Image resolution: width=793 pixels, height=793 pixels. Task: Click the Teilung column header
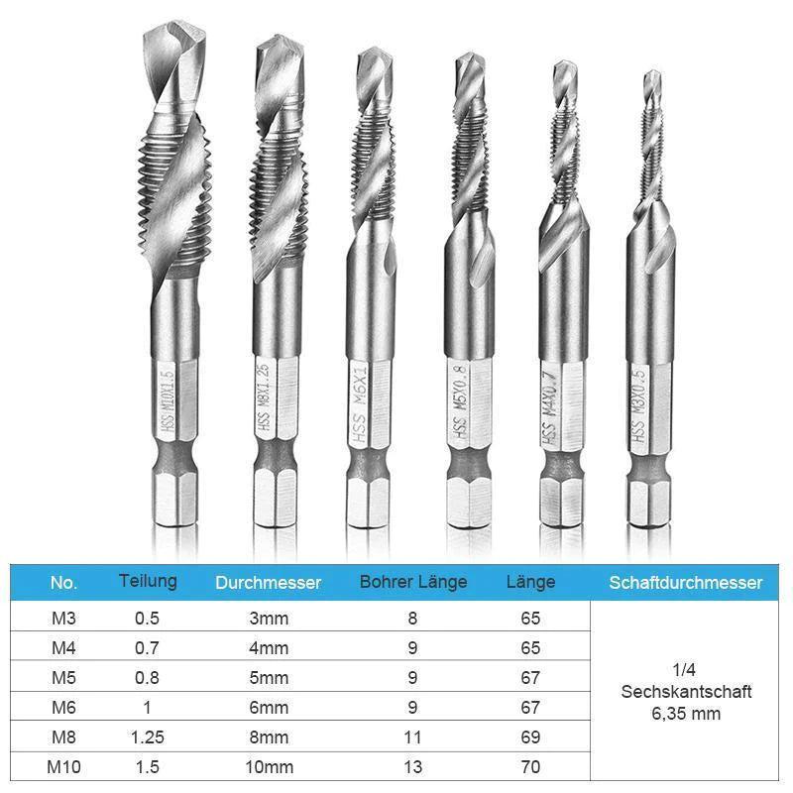(x=148, y=581)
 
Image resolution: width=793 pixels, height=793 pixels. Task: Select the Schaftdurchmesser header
(x=685, y=582)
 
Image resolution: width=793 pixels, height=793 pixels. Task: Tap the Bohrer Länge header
(x=413, y=582)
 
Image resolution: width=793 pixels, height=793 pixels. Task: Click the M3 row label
(x=63, y=618)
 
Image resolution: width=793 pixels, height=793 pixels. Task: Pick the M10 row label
(x=63, y=766)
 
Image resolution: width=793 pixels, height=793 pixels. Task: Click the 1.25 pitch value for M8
(x=147, y=736)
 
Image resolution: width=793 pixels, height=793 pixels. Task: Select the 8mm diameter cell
(x=269, y=736)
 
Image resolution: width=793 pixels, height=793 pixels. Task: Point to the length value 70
(x=530, y=766)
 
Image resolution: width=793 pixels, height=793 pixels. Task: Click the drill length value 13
(x=412, y=766)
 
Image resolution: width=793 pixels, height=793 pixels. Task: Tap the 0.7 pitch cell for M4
(x=147, y=648)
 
